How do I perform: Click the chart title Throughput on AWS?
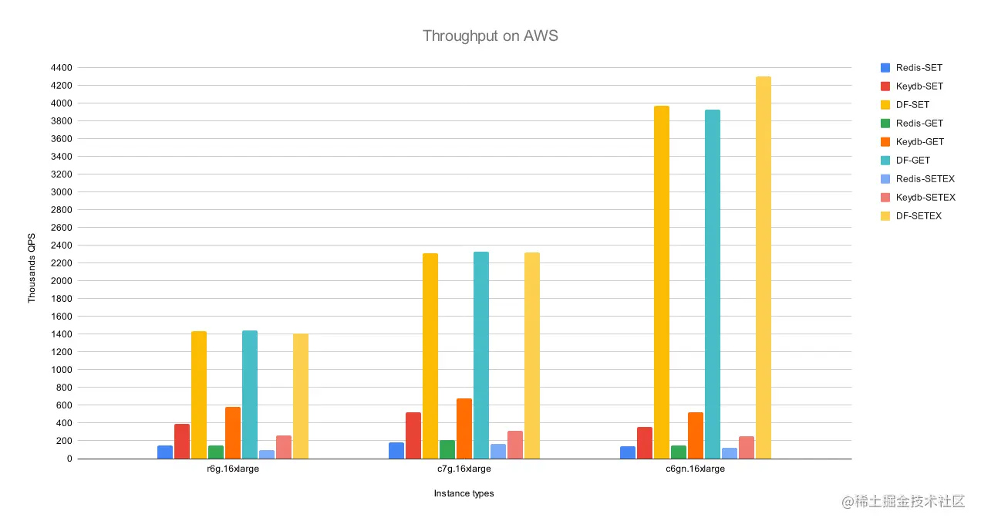point(490,36)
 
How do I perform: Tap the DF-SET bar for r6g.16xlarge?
point(199,395)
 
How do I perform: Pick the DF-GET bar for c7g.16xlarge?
point(481,355)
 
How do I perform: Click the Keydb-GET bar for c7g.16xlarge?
point(464,428)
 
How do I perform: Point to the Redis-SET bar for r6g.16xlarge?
point(165,452)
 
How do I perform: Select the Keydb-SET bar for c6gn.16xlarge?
point(645,442)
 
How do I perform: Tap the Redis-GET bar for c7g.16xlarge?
point(447,449)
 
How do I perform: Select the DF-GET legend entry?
point(912,161)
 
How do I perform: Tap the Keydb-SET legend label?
point(919,86)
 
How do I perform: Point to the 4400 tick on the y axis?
point(62,68)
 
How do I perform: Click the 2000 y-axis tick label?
point(62,281)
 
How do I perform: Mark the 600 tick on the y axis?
point(65,405)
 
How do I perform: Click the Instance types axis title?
point(464,493)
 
